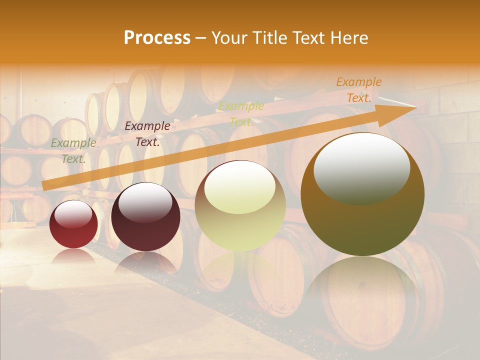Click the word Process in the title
click(157, 38)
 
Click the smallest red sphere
click(73, 224)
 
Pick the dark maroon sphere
click(145, 217)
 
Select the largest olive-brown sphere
click(362, 194)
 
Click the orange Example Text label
click(358, 90)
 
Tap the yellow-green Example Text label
click(241, 114)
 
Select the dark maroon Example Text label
click(147, 134)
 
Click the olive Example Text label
click(73, 151)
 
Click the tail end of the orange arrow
click(44, 186)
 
